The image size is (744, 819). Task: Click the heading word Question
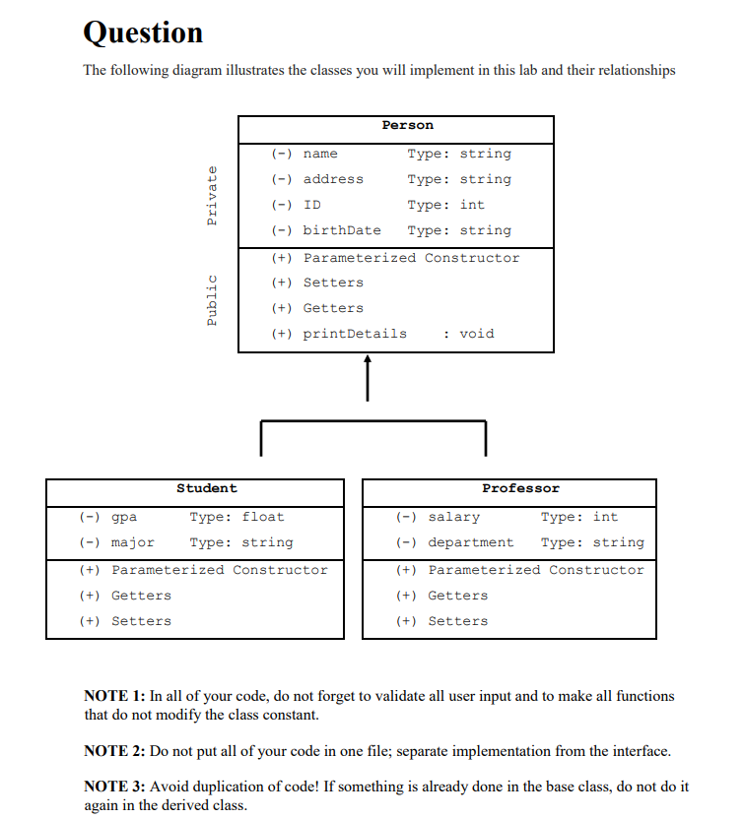(144, 32)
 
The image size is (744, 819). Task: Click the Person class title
(407, 125)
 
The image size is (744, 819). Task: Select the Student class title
(206, 488)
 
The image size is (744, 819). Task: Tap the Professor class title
(520, 488)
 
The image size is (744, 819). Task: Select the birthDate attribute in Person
(341, 230)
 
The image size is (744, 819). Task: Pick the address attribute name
(333, 179)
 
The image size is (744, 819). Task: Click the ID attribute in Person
(311, 205)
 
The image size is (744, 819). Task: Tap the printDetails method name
(354, 334)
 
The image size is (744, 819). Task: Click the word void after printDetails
(477, 334)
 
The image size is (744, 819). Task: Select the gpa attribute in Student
(124, 517)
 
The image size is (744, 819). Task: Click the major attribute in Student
(133, 542)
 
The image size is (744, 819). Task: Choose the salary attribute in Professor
(453, 517)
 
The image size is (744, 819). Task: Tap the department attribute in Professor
(470, 542)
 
